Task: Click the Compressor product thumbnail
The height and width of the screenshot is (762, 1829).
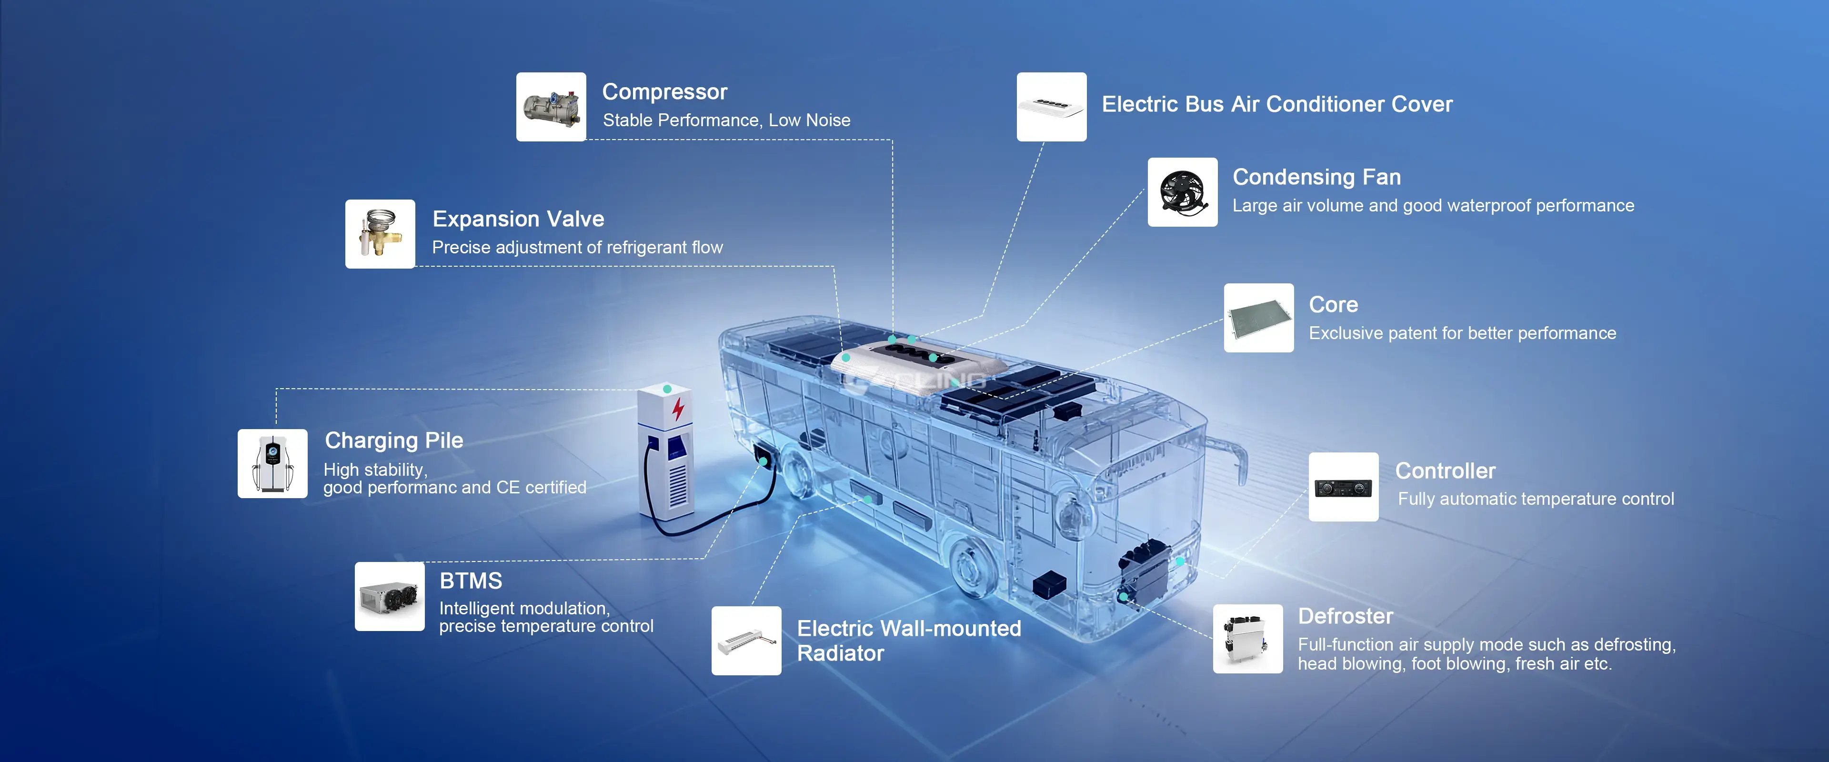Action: click(x=551, y=107)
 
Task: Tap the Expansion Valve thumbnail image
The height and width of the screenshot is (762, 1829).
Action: click(x=380, y=234)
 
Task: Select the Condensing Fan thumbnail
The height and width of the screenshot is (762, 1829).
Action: click(x=1183, y=192)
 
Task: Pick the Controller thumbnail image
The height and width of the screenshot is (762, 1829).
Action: click(x=1343, y=487)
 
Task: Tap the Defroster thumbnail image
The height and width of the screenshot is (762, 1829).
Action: click(x=1247, y=639)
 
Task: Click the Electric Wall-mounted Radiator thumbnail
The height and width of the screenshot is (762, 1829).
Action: click(x=746, y=641)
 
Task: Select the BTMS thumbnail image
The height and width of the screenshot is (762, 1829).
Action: click(x=390, y=597)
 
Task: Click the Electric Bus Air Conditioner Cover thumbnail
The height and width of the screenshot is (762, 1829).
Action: click(x=1052, y=107)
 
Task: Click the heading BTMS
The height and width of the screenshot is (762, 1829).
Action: click(x=471, y=581)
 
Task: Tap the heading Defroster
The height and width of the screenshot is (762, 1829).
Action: click(x=1346, y=616)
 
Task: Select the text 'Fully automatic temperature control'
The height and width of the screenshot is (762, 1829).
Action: click(x=1536, y=499)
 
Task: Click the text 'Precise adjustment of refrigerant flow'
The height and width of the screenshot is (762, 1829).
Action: click(x=577, y=247)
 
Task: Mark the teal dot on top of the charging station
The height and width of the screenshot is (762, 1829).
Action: click(x=667, y=389)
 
